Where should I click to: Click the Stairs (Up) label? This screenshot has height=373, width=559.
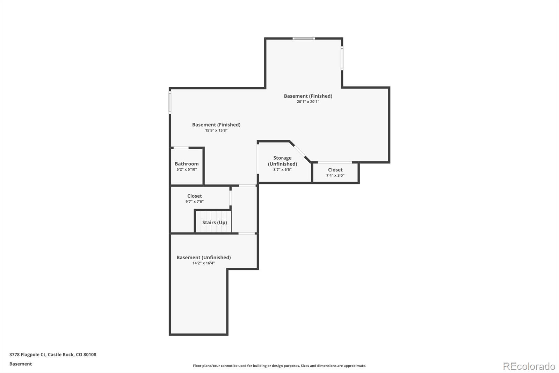(x=215, y=223)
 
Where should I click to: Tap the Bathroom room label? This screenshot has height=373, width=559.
(x=187, y=164)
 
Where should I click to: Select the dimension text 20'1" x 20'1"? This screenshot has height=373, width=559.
(x=308, y=102)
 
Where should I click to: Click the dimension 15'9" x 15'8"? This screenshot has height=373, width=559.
(x=216, y=131)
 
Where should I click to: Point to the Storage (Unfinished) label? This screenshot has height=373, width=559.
(x=282, y=161)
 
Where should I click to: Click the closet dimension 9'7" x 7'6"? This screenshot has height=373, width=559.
(x=194, y=202)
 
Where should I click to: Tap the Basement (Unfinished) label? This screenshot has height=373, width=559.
(x=203, y=258)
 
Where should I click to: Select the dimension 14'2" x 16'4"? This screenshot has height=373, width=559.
(x=203, y=263)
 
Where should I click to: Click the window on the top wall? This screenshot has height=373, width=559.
(x=304, y=38)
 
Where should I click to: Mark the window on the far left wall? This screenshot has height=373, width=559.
(x=170, y=102)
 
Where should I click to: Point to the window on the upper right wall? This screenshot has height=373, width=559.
(x=342, y=58)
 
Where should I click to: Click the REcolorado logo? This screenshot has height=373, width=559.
(x=529, y=366)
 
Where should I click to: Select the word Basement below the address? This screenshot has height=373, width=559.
(x=21, y=364)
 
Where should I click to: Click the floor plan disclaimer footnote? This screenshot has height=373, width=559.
(x=279, y=366)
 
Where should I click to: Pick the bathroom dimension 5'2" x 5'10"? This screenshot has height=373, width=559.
(x=187, y=169)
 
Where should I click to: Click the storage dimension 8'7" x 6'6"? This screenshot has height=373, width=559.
(x=282, y=170)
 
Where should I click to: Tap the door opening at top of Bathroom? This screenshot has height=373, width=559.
(x=181, y=148)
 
